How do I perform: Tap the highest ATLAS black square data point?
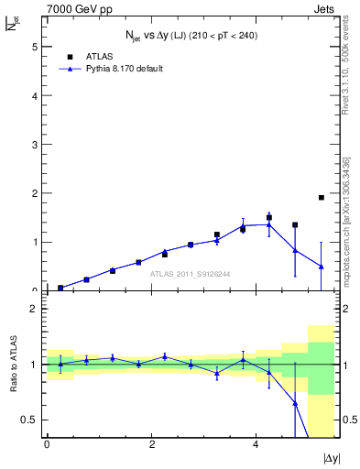point(321,197)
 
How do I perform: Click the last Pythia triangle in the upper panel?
point(321,267)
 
